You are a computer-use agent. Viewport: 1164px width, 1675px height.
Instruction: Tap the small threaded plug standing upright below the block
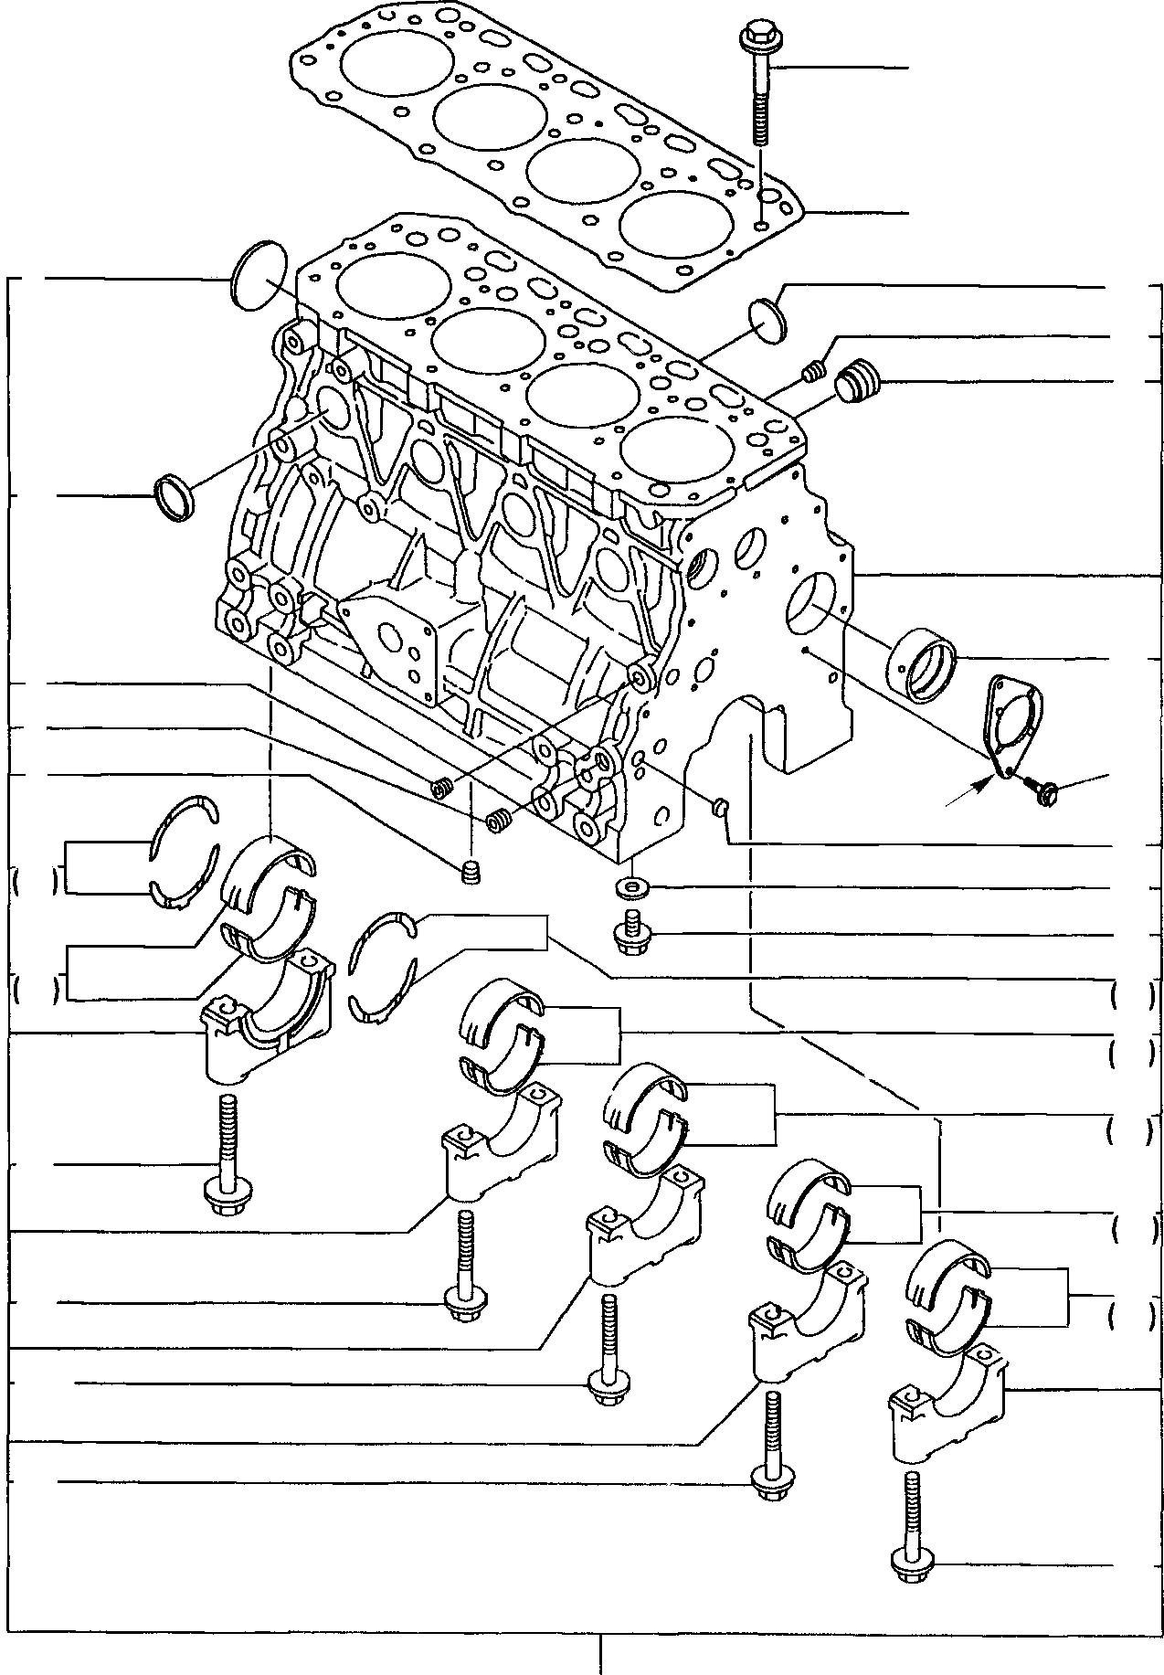tap(471, 872)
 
